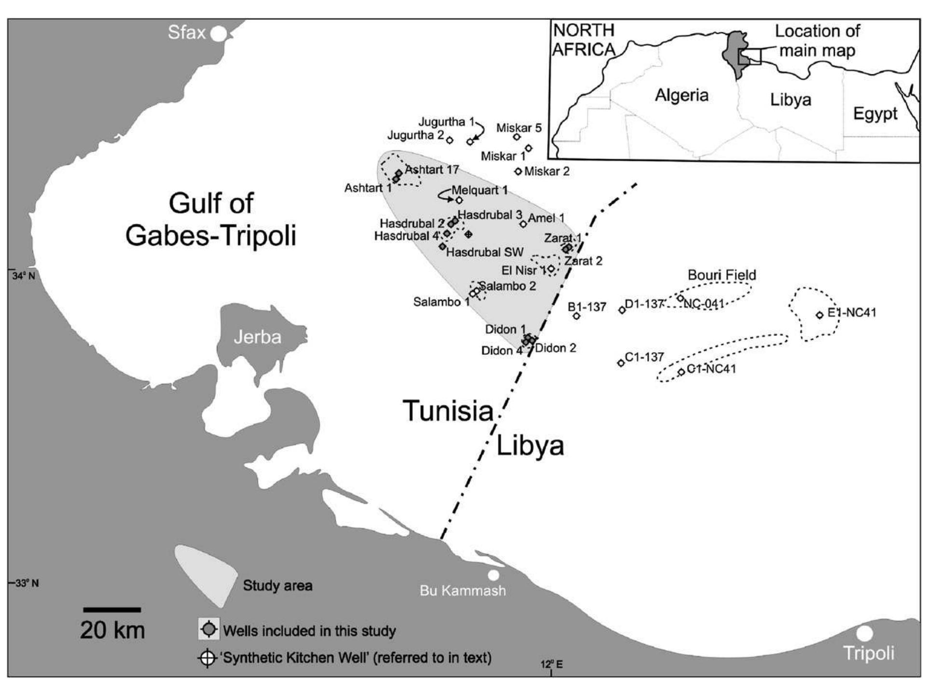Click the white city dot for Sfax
coord(219,34)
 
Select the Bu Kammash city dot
coord(493,575)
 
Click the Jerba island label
coord(257,337)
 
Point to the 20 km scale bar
coord(111,610)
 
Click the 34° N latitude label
coord(23,276)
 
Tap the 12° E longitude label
coord(551,665)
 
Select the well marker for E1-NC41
coord(819,315)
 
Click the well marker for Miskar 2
coord(518,171)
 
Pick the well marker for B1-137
coord(576,316)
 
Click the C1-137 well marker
coord(621,363)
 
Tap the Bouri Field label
coord(721,275)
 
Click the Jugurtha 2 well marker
coord(449,140)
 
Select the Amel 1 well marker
coord(523,224)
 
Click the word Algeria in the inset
coord(681,95)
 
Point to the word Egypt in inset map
coord(875,114)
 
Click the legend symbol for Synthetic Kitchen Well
coord(207,658)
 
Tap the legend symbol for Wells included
coord(209,629)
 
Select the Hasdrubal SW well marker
coord(443,247)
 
